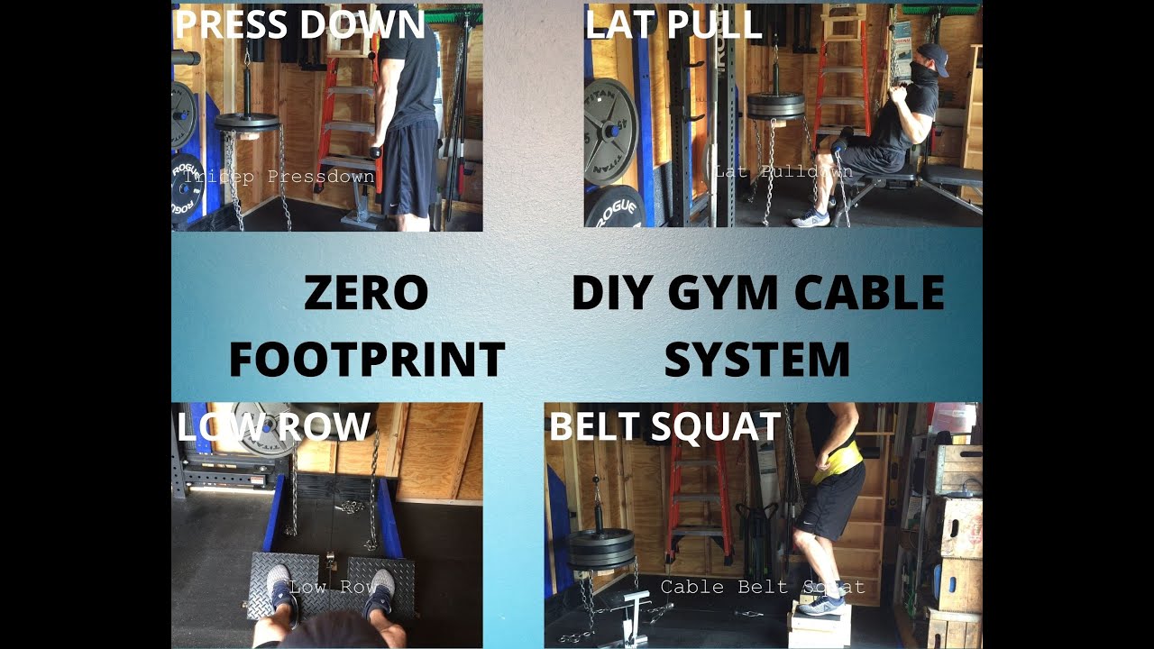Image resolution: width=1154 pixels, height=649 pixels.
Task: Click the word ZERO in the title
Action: point(366,294)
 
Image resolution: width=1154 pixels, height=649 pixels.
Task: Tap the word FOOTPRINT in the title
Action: point(366,360)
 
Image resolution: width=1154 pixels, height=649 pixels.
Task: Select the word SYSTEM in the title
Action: point(757,360)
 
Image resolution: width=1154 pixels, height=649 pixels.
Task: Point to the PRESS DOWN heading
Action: point(299,23)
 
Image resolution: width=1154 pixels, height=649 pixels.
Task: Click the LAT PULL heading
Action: point(673,24)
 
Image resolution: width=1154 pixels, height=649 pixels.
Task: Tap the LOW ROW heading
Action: point(274,426)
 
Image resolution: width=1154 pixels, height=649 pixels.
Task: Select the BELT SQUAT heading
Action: point(664,426)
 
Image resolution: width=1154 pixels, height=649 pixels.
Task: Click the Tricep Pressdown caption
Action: point(279,177)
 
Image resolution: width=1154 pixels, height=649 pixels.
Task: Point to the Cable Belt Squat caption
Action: point(763,587)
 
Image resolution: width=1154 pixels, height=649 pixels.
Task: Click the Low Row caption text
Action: point(334,587)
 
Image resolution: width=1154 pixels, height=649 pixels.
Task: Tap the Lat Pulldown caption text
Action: point(783,170)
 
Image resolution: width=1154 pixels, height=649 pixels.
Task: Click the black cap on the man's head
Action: point(934,57)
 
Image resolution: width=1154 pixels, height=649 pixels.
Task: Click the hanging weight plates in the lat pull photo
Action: point(776,105)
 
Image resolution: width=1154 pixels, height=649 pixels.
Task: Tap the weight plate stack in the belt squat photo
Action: point(600,548)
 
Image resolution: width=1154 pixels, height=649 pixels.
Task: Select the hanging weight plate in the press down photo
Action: point(247,122)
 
